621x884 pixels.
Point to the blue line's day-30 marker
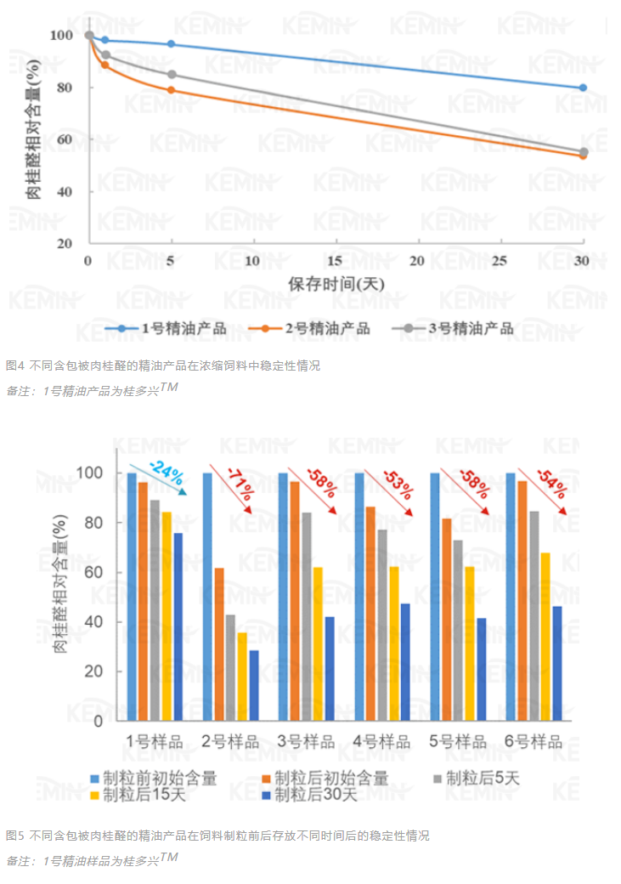583,88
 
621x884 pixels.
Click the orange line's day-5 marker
172,90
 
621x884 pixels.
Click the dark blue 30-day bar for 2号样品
254,685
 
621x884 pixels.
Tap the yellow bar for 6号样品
544,636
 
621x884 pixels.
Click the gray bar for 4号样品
382,625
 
